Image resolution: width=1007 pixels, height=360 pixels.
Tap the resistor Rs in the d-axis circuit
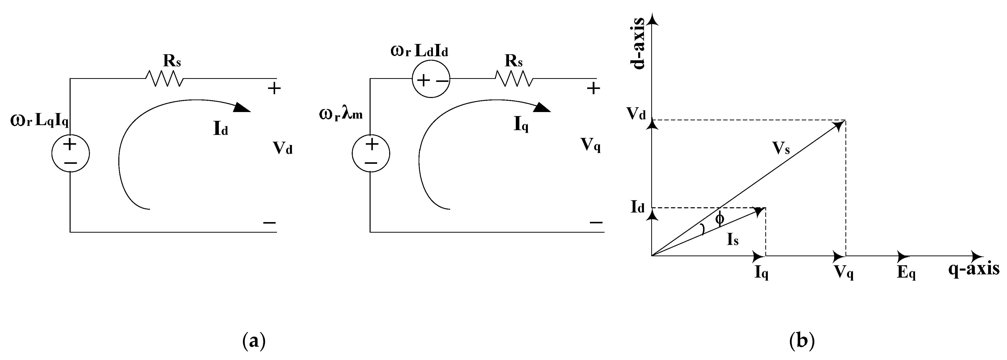click(x=164, y=79)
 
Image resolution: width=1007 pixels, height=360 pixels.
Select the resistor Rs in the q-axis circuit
click(x=514, y=79)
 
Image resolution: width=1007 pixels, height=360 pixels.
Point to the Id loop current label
click(x=221, y=129)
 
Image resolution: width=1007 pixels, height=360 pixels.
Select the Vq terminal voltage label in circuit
click(x=591, y=145)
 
